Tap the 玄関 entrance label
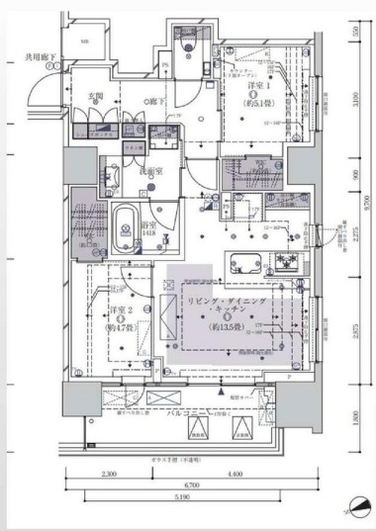pyautogui.click(x=96, y=95)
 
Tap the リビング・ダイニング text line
pyautogui.click(x=227, y=298)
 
